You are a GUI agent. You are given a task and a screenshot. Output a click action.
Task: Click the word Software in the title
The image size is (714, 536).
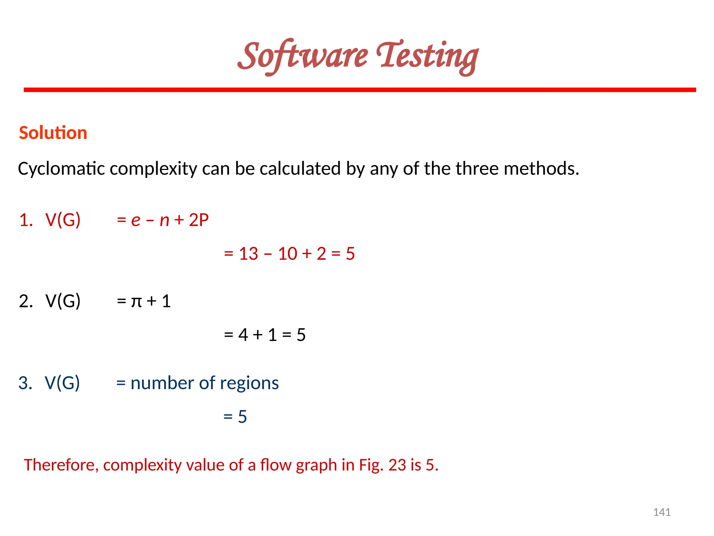click(x=303, y=56)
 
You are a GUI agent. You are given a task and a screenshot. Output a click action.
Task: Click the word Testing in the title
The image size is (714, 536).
click(x=427, y=56)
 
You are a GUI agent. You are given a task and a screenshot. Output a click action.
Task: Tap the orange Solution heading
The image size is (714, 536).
click(x=53, y=133)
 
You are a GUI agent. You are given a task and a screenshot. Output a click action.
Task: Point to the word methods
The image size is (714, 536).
click(x=541, y=169)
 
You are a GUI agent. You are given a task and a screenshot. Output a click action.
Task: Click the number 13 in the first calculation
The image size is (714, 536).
click(x=248, y=254)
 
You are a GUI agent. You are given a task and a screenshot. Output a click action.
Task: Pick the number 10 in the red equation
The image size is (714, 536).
click(x=287, y=254)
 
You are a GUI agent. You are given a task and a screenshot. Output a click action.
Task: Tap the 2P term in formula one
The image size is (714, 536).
click(x=199, y=220)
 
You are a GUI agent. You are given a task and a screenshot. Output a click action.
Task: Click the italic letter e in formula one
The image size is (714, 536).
click(x=136, y=221)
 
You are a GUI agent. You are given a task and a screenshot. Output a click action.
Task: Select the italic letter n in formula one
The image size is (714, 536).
click(x=164, y=221)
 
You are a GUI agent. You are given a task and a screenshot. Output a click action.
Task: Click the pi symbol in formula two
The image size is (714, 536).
click(x=136, y=302)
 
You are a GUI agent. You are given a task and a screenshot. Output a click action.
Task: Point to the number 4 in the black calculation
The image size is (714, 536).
click(x=243, y=335)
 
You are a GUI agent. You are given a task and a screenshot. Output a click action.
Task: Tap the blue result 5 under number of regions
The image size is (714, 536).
click(x=242, y=417)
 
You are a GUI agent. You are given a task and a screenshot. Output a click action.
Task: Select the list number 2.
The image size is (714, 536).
click(x=25, y=301)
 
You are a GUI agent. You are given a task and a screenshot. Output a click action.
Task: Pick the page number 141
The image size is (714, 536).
click(x=662, y=512)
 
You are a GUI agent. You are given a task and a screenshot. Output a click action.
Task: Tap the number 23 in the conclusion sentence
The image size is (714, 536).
click(x=397, y=465)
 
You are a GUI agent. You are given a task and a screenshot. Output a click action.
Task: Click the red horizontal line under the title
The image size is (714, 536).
click(x=359, y=90)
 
